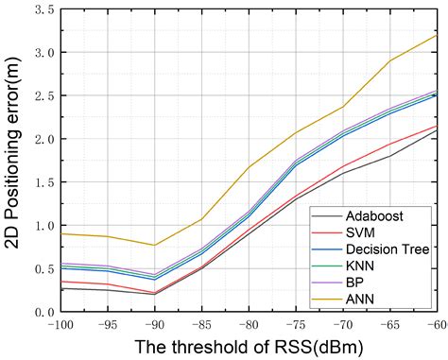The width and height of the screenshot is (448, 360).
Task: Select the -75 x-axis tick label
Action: tap(296, 324)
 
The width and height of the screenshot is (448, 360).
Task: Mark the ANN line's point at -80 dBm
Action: tap(250, 167)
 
